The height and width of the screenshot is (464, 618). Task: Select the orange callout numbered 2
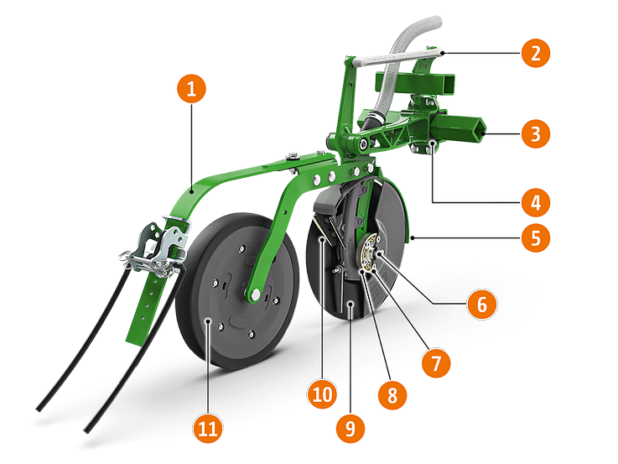pos(535,54)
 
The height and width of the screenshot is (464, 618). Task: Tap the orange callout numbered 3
pos(535,132)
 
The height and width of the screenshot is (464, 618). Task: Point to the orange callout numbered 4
pos(535,202)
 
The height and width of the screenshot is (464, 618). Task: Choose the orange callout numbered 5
pos(535,237)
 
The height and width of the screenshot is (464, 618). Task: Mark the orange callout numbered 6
pos(481,304)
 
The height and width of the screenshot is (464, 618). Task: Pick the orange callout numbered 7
pos(435,363)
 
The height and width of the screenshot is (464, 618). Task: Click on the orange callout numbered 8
pos(392,394)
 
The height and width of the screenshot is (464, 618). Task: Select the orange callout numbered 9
pos(351,428)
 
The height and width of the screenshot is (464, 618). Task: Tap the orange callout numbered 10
pos(324,393)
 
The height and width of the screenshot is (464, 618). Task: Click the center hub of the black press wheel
pos(252,293)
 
